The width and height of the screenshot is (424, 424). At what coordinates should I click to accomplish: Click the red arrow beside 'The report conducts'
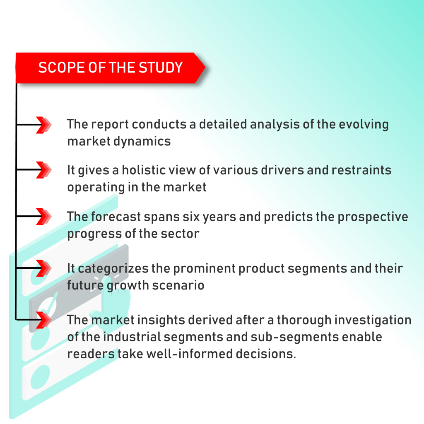click(x=43, y=125)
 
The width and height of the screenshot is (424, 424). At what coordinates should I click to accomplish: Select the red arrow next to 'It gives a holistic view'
click(x=43, y=170)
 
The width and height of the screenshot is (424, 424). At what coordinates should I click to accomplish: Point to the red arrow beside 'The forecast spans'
click(x=43, y=216)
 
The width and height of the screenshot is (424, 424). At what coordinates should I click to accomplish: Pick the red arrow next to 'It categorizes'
click(x=43, y=268)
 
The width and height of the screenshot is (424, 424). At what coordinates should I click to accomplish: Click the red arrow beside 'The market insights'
click(x=43, y=320)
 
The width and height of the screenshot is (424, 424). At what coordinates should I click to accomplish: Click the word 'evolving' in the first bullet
click(x=364, y=125)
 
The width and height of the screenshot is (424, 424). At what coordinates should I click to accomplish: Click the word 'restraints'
click(x=361, y=170)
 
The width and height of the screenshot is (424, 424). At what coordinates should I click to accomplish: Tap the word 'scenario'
click(x=178, y=286)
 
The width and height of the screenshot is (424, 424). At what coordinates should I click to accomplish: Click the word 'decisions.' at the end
click(x=266, y=354)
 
